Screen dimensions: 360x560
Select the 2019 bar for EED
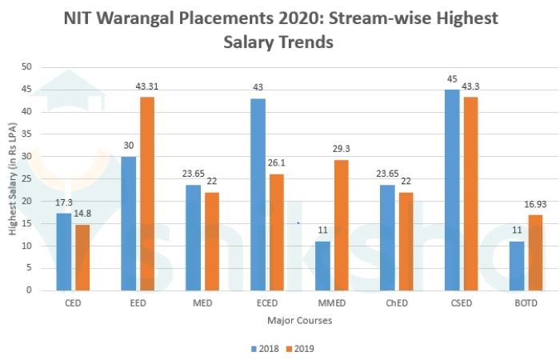pos(147,193)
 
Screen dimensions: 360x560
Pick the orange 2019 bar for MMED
pos(342,225)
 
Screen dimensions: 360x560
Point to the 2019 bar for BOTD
pos(536,252)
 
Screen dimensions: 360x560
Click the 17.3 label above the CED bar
pos(63,204)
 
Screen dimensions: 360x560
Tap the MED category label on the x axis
pos(203,304)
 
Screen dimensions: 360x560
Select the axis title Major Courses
pos(299,321)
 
